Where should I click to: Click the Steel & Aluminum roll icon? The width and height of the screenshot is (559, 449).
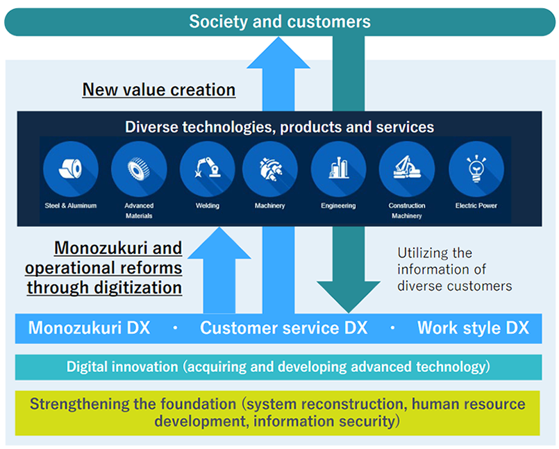pos(71,169)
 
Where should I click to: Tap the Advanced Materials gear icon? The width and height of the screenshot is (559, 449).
pos(139,169)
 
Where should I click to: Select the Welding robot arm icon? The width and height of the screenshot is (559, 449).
pos(207,169)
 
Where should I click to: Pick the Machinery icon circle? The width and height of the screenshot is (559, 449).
pos(270,169)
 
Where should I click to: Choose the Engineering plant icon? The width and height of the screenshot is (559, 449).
pos(338,169)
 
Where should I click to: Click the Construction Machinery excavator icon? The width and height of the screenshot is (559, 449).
pos(407,169)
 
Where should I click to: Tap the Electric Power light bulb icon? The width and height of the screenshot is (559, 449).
pos(476,169)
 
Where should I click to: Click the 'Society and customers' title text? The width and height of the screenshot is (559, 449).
pos(280,22)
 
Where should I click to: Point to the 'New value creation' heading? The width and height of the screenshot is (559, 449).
pos(159,90)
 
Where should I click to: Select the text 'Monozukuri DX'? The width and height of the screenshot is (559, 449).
pos(89,328)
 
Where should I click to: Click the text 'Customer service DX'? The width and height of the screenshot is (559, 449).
pos(284,328)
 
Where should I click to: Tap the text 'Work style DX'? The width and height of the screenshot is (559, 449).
pos(473,328)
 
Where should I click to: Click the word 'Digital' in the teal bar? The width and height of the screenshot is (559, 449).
pos(87,366)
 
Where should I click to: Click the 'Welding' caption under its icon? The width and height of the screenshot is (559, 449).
pos(207,205)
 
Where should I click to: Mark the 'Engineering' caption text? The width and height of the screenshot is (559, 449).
pos(338,205)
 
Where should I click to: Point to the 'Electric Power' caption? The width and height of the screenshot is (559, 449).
pos(476,205)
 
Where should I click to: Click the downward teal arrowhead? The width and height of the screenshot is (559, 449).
pos(349,296)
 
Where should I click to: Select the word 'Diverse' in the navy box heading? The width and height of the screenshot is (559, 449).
pos(151,127)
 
